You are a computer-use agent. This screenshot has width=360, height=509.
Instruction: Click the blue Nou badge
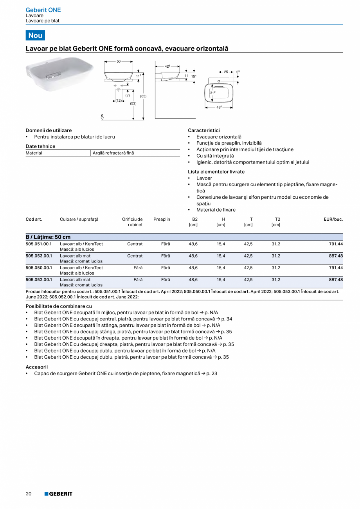point(35,35)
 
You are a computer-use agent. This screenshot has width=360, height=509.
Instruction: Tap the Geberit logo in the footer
point(58,494)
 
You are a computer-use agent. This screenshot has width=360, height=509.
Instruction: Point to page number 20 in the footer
point(29,494)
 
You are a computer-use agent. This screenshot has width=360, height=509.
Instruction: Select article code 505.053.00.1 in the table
point(38,256)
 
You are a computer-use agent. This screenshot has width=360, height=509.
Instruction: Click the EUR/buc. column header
point(333,219)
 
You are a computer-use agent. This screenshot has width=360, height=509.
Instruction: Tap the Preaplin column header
point(162,219)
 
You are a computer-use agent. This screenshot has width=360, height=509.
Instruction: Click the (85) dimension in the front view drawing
point(143,96)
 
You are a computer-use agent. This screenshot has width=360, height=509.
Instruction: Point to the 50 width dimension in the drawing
point(119,61)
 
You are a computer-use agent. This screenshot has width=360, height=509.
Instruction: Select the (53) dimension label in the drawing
point(133,103)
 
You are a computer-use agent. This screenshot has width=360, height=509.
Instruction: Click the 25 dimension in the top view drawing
point(226,72)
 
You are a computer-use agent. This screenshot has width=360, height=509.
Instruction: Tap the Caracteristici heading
point(204,130)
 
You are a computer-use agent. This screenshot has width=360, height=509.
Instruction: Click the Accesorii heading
point(36,367)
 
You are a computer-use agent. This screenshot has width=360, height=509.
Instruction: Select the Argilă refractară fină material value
point(113,153)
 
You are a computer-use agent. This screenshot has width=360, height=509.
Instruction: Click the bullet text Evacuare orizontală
point(219,137)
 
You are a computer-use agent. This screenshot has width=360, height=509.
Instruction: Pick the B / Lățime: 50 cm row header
point(48,237)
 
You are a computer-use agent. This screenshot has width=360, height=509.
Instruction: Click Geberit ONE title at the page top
point(43,10)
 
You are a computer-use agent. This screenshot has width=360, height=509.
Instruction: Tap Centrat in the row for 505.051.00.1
point(135,244)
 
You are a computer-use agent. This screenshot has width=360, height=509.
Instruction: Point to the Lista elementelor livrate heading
point(216,172)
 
